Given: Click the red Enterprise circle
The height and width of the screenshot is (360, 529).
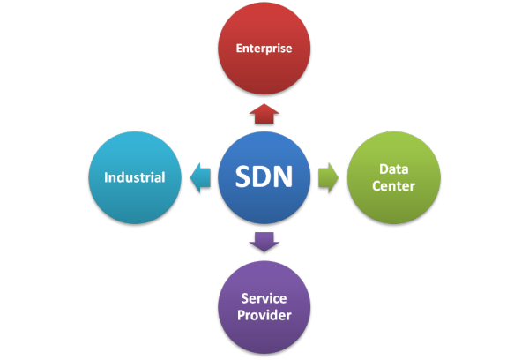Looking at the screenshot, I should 265,49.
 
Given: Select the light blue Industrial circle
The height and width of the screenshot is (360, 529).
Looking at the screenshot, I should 134,177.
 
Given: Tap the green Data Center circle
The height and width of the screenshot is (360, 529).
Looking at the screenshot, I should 392,177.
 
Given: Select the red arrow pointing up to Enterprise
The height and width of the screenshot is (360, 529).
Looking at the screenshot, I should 264,113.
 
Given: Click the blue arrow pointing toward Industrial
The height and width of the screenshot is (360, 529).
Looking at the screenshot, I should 199,177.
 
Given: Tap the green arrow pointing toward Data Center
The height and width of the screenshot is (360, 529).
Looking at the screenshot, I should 328,177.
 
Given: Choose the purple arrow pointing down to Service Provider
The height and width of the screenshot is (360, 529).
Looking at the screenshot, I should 264,242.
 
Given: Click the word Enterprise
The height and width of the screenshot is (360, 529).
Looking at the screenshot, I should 265,49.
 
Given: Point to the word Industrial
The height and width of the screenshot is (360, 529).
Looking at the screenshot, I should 134,177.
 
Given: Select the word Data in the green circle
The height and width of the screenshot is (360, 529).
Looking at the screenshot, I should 393,169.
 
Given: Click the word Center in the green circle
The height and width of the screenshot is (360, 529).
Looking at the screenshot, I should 393,186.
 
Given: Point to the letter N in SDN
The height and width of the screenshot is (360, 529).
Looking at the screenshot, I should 287,177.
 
